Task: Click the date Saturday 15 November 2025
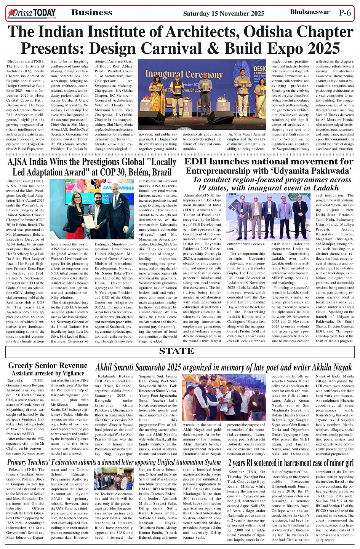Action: tap(224, 13)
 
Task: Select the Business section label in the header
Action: tap(92, 13)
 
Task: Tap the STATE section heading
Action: tap(176, 351)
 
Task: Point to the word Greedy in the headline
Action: tap(25, 366)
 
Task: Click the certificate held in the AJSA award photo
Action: tap(89, 220)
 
